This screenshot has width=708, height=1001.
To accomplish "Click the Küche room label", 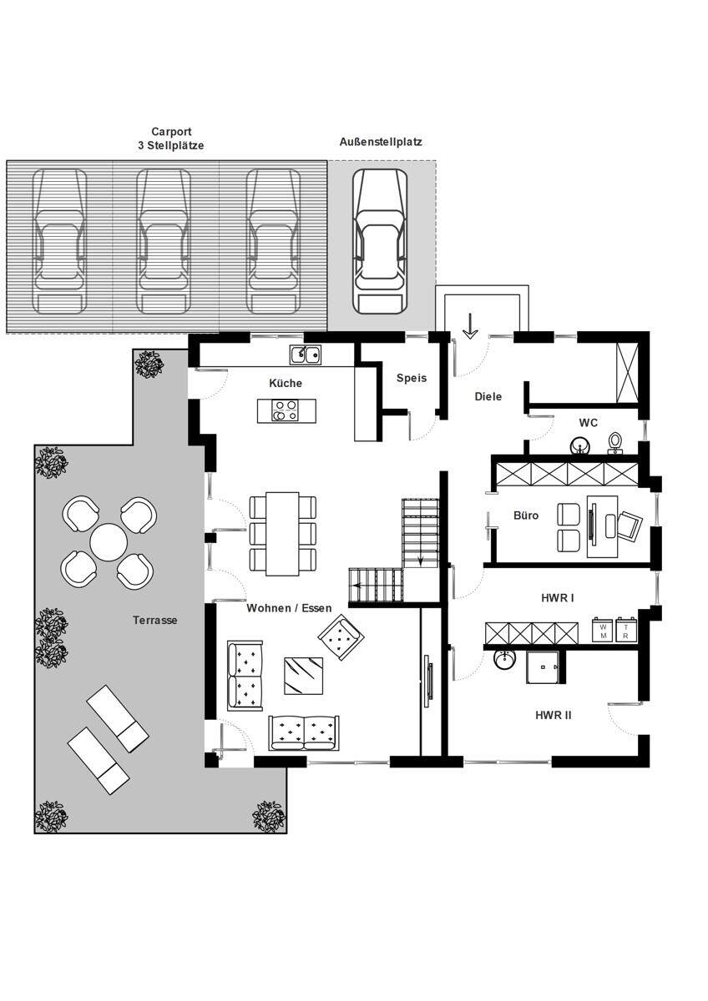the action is (x=286, y=383).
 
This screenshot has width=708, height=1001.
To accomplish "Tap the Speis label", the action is (x=412, y=378).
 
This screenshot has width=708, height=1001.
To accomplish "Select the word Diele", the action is (x=488, y=396).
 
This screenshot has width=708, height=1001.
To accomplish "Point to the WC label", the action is (x=588, y=422).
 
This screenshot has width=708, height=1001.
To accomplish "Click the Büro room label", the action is (x=526, y=516).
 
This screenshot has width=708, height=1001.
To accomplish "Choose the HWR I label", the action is (x=558, y=598).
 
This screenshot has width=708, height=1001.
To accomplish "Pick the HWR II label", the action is (x=554, y=715).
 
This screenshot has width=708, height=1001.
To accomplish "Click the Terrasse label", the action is (x=154, y=620).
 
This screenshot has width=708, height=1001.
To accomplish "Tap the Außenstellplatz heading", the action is (x=381, y=142).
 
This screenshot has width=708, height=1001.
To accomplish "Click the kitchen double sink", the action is (x=305, y=355).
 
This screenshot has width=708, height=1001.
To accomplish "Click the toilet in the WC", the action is (x=615, y=443).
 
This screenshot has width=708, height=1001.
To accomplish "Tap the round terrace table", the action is (x=109, y=542).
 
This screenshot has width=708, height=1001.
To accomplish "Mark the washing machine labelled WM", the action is (x=604, y=630).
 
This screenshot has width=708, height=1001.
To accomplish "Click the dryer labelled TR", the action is (x=625, y=630).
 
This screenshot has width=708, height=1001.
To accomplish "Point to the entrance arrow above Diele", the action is (x=470, y=326).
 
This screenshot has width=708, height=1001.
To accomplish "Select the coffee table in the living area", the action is (x=304, y=676).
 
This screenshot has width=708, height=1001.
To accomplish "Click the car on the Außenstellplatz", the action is (x=380, y=241).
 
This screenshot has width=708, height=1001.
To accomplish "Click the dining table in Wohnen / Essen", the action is (x=283, y=534).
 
